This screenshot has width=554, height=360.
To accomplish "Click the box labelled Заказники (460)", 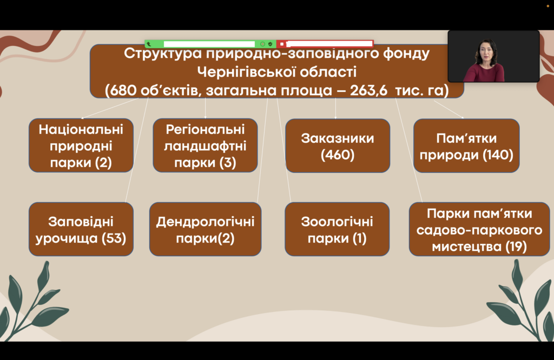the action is pos(338,146).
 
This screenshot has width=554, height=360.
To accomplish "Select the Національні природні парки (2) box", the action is pos(81,145).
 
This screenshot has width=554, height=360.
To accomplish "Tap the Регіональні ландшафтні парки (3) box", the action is pos(205,145).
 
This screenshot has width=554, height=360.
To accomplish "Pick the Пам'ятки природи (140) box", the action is pos(466,146).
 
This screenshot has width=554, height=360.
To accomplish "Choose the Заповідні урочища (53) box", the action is pos(81,229).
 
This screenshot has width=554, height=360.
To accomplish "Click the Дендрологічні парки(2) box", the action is pos(205,229).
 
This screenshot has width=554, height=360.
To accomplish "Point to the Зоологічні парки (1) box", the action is pos(337,229).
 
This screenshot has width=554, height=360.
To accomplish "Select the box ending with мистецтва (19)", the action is pos(479,229).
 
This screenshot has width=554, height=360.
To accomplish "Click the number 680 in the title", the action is pos(123,90).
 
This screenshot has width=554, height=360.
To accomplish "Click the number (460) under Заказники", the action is pos(338,155).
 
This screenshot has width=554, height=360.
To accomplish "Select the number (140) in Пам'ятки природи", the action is pos(498,155).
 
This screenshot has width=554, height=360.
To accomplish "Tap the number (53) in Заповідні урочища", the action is pos(114,238).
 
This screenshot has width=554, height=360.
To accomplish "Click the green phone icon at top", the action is pos(149,44).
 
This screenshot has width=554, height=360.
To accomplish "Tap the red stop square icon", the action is pos(281,44).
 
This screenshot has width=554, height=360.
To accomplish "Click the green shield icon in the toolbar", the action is pos(271,44).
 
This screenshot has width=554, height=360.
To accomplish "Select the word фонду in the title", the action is pos(406,54).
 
